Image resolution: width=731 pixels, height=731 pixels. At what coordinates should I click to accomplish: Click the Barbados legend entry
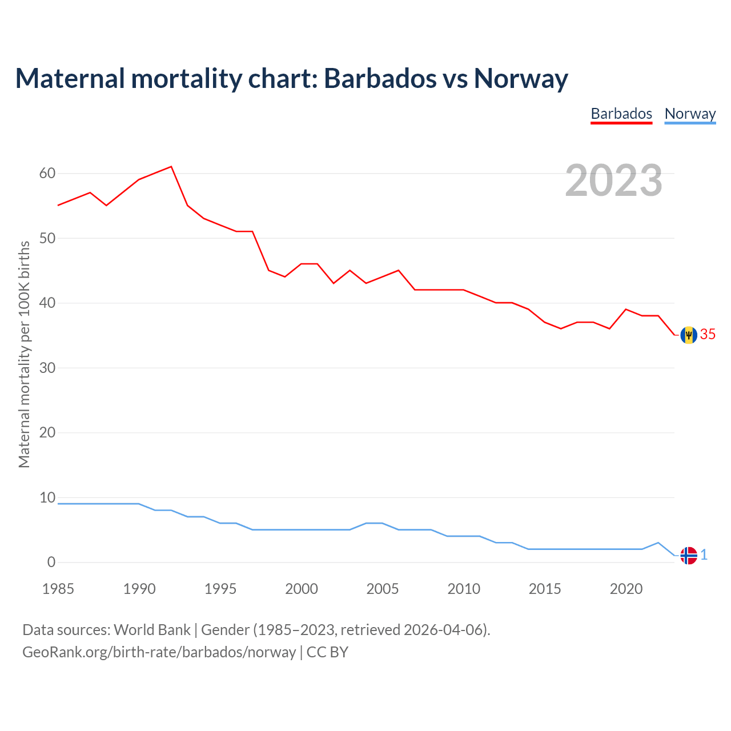tap(621, 114)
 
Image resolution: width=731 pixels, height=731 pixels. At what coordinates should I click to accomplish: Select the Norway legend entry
tap(690, 114)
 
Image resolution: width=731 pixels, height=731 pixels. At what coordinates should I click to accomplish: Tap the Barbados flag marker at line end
tap(689, 335)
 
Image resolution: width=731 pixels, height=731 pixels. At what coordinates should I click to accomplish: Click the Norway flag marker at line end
tap(689, 555)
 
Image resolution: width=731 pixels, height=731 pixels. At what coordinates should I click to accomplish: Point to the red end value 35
tap(708, 335)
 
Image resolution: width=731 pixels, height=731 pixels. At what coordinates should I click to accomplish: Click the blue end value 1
tap(704, 555)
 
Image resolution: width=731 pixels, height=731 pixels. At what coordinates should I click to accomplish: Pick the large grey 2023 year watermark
tap(614, 180)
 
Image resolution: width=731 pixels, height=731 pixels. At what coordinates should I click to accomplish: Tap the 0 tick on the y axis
tap(51, 562)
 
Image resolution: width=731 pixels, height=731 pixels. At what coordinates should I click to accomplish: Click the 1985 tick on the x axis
tap(58, 589)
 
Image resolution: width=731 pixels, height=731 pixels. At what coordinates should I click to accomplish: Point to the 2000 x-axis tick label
tap(302, 589)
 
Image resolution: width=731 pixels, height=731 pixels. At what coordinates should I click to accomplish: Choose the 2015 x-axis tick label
tap(545, 589)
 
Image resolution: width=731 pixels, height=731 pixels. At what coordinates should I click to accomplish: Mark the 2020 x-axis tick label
tap(626, 589)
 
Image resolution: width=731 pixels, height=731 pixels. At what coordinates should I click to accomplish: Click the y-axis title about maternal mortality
tap(24, 354)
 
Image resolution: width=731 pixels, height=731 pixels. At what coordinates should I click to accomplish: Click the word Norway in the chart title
tap(521, 78)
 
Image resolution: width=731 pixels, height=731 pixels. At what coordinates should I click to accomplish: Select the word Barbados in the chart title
tap(379, 78)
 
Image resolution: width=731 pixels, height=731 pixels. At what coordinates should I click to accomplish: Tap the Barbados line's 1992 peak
tap(171, 167)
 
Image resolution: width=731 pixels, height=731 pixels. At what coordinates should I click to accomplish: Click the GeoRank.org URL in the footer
tap(159, 652)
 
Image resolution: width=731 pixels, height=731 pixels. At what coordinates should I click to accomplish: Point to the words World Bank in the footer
tap(152, 630)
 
